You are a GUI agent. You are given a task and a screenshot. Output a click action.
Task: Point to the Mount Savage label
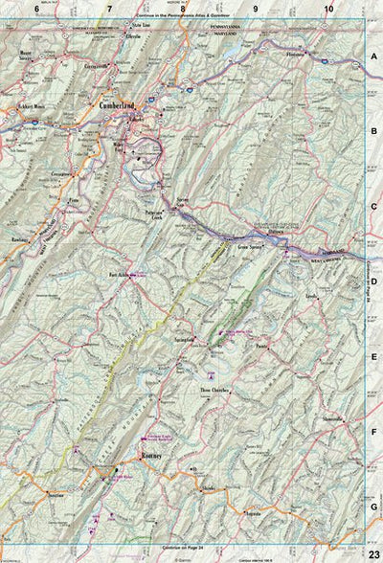pos(34,55)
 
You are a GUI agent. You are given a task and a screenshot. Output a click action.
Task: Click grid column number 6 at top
pos(36,9)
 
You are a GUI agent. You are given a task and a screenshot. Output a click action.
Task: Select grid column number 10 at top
pos(328,9)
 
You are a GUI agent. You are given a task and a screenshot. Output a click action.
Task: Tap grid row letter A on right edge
pos(374,56)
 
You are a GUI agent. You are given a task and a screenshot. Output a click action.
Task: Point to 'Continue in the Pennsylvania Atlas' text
pos(185,18)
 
